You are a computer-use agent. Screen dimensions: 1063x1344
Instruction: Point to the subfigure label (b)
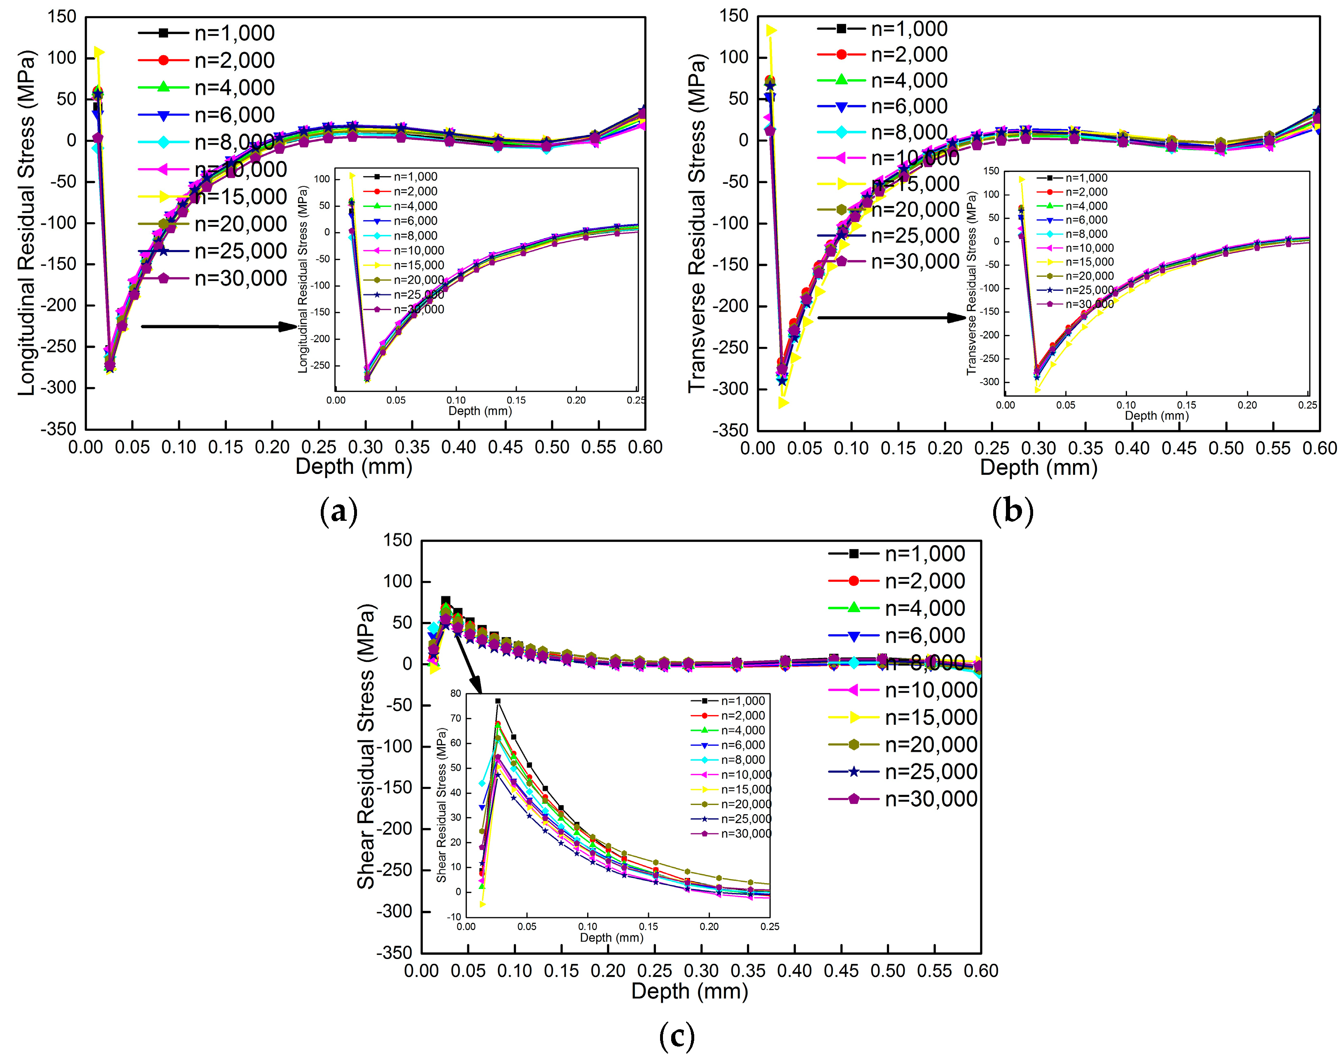[1013, 512]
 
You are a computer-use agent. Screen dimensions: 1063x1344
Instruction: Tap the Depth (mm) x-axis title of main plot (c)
[689, 991]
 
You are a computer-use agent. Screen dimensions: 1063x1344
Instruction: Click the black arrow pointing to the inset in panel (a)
[218, 326]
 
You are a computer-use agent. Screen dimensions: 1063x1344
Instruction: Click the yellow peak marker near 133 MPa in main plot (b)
[771, 30]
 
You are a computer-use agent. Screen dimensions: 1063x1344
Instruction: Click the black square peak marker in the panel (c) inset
[497, 701]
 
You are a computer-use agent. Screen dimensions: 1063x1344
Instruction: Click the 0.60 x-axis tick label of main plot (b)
[1319, 448]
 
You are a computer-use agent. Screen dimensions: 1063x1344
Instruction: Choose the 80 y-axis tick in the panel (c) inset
[455, 693]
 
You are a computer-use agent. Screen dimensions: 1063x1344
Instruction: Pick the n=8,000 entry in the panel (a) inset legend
[415, 235]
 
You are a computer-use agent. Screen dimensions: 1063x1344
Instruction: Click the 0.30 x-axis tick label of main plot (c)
[701, 971]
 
